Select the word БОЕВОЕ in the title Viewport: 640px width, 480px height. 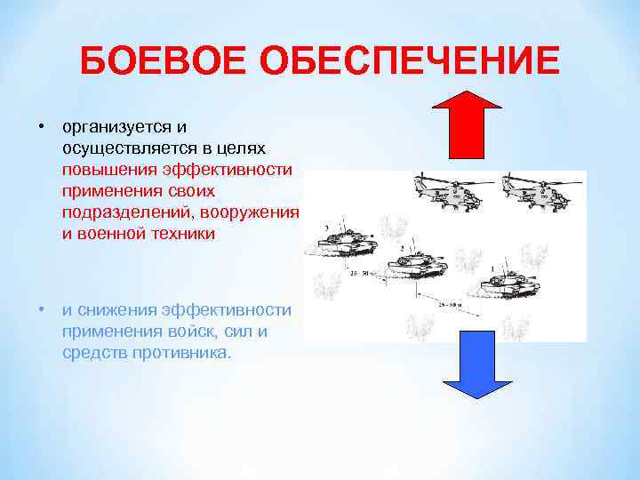pyautogui.click(x=163, y=63)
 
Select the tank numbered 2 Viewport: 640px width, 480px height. pyautogui.click(x=416, y=264)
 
